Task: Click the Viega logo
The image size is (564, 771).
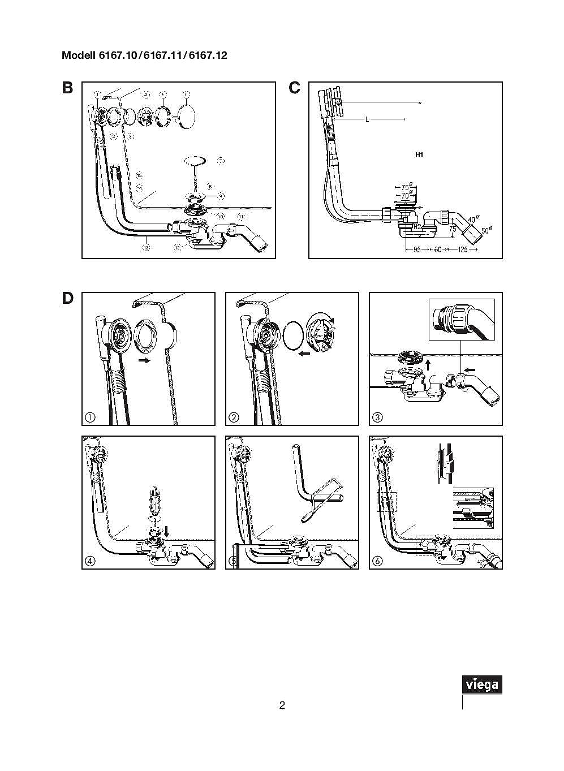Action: click(482, 685)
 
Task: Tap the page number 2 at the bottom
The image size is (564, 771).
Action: click(282, 705)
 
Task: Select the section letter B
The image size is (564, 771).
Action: click(67, 88)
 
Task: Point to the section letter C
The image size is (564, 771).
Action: click(294, 88)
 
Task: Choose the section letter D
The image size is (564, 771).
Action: click(67, 298)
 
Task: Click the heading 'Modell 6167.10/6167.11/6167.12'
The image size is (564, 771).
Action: click(144, 55)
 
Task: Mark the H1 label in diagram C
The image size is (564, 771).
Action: click(419, 154)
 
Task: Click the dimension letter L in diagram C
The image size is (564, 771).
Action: click(367, 119)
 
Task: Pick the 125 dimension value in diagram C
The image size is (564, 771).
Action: click(463, 249)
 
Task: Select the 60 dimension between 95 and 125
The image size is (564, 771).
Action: click(437, 249)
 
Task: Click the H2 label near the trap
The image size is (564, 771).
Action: click(417, 226)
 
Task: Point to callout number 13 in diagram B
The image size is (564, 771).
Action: click(146, 247)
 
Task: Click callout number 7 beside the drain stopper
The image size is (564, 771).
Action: click(221, 161)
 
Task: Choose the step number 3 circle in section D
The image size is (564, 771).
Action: click(377, 417)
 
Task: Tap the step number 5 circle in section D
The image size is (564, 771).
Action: click(234, 561)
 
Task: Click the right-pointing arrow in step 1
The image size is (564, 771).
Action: click(145, 360)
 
